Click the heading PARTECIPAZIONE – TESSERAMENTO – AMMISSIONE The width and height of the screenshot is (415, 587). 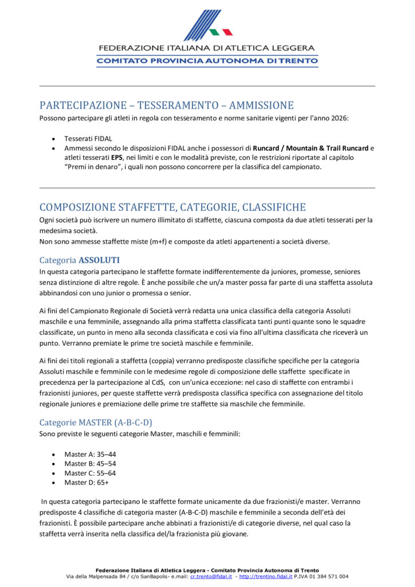pyautogui.click(x=166, y=105)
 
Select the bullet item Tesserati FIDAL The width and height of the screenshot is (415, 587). pyautogui.click(x=88, y=138)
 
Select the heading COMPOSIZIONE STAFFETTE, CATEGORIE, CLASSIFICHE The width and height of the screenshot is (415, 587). pyautogui.click(x=173, y=207)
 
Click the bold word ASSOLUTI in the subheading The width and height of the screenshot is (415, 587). pyautogui.click(x=99, y=260)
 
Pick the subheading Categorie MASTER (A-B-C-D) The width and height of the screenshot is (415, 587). pyautogui.click(x=96, y=422)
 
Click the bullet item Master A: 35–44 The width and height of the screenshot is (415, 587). pyautogui.click(x=90, y=454)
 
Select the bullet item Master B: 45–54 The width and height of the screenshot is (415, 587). pyautogui.click(x=90, y=463)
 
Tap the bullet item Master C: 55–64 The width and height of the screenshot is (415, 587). pyautogui.click(x=90, y=473)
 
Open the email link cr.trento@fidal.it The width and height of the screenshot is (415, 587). pyautogui.click(x=211, y=576)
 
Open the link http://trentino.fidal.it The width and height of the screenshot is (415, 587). pyautogui.click(x=265, y=576)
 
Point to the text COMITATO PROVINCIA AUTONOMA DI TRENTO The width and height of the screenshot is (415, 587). pyautogui.click(x=207, y=60)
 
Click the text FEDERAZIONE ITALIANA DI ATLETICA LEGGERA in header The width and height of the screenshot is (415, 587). pyautogui.click(x=207, y=48)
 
